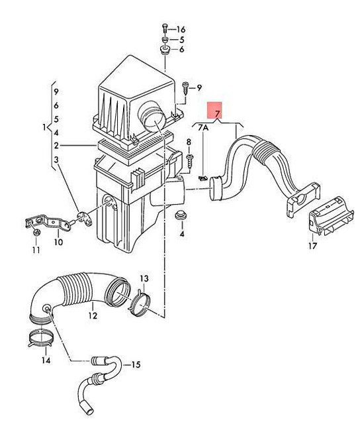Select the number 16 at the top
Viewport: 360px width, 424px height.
tap(181, 29)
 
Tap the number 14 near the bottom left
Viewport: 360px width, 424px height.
tap(45, 360)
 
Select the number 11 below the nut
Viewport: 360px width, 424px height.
tap(36, 250)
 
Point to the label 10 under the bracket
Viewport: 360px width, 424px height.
tap(58, 242)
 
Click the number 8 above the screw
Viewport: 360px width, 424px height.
tap(189, 142)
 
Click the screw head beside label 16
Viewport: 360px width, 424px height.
tap(163, 29)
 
